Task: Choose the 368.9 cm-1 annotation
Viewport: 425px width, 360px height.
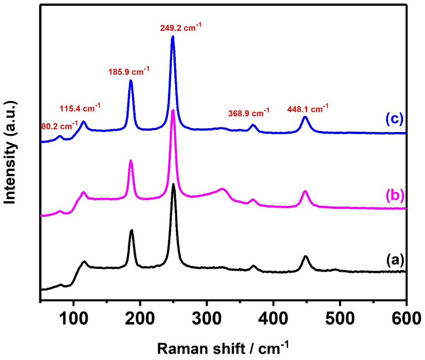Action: coord(249,113)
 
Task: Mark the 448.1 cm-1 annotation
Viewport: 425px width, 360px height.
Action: coord(308,108)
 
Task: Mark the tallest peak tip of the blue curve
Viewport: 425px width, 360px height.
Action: coord(173,37)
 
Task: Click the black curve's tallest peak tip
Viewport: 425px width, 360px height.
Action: coord(173,184)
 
